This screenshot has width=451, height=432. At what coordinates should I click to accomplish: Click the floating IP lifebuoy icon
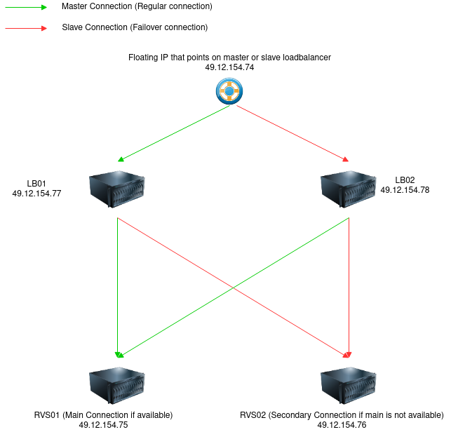(229, 90)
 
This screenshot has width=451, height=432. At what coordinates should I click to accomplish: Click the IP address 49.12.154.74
(229, 67)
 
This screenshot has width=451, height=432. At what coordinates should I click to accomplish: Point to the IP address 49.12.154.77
(36, 194)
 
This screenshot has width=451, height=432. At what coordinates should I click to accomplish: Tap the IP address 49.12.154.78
(405, 190)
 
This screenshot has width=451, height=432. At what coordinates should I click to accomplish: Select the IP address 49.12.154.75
(103, 425)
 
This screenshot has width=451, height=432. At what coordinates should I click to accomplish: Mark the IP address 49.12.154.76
(342, 425)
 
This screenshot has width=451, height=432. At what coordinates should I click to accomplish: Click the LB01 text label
(36, 184)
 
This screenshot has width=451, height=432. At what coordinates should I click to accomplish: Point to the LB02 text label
(405, 180)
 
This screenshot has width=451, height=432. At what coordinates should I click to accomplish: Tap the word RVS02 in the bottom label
(253, 415)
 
